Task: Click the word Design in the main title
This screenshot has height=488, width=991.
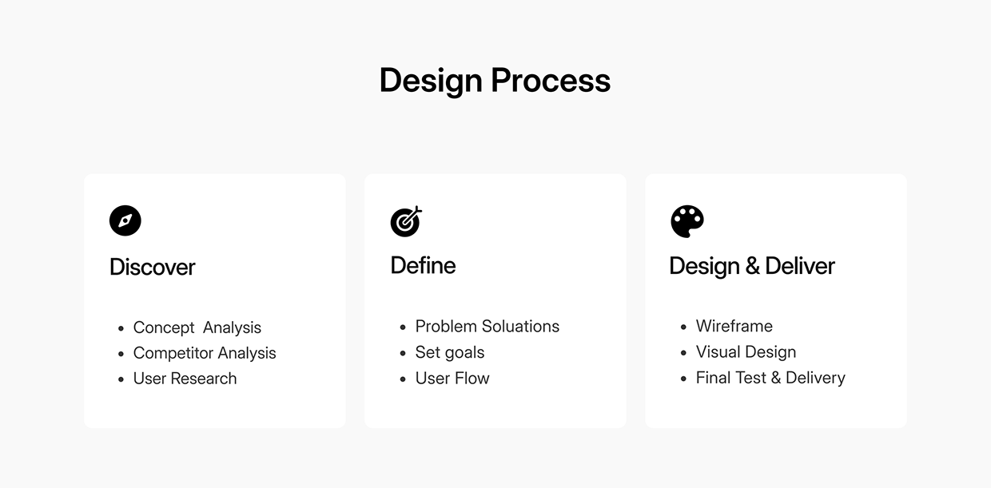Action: coord(431,81)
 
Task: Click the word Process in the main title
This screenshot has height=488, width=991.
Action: coord(551,81)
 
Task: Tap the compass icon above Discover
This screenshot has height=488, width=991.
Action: coord(125,220)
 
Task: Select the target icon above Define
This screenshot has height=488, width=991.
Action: coord(406,221)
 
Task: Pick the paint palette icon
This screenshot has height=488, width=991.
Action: coord(687,221)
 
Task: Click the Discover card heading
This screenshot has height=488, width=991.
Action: coord(152,267)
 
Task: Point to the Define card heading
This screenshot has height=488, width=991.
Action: coord(423,265)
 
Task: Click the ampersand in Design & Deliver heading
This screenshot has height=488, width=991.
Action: coord(752,266)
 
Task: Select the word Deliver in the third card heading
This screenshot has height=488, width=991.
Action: coord(800,266)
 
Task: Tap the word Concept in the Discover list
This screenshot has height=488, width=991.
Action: coord(164,327)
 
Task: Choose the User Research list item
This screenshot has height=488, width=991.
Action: coord(185,379)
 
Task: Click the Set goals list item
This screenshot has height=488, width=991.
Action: coord(450,352)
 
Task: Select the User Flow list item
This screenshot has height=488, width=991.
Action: coord(452,378)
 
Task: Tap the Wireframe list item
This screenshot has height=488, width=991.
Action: coord(734,326)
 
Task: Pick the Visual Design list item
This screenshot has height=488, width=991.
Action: coord(746,351)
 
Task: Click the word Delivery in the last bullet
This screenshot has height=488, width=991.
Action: coord(815,378)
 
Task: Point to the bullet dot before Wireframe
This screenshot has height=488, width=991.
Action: coord(683,327)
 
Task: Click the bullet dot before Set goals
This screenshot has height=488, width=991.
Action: coord(403,353)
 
